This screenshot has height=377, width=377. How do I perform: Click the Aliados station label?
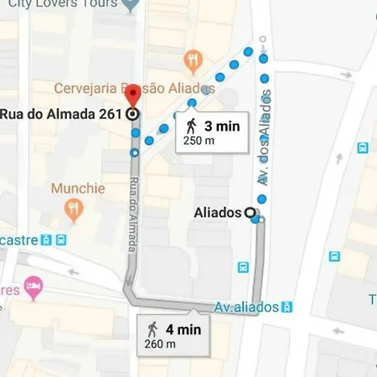click(x=215, y=213)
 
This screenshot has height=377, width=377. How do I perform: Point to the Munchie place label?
click(x=78, y=188)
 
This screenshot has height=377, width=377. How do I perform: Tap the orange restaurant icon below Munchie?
click(x=75, y=209)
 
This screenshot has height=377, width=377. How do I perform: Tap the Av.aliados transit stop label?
click(x=245, y=307)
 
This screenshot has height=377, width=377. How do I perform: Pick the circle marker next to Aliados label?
click(x=249, y=213)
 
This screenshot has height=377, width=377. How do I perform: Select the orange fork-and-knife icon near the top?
click(x=194, y=59)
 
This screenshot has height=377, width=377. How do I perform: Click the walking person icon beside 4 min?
click(x=152, y=328)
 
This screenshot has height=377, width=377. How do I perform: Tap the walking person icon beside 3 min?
click(x=192, y=127)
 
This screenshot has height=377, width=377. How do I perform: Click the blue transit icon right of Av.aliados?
click(x=287, y=307)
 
